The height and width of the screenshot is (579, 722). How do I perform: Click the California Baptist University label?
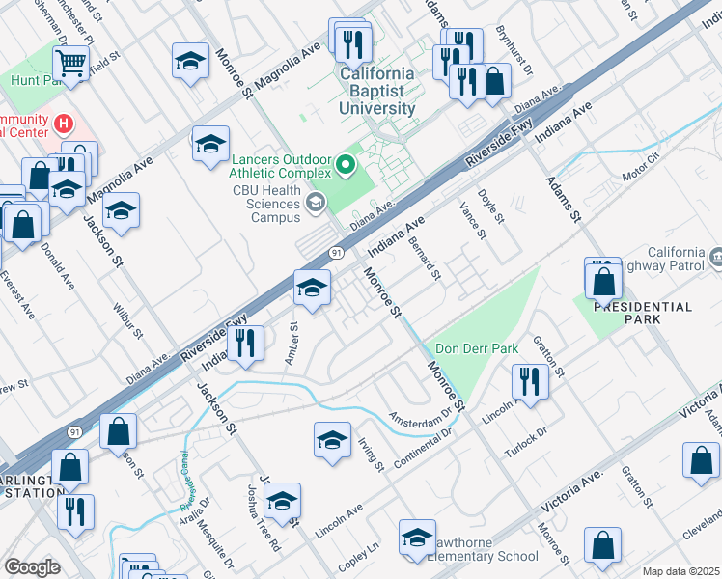(376, 91)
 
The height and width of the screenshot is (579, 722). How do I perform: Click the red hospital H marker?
(64, 124)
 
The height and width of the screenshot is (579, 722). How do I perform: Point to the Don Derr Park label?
(477, 348)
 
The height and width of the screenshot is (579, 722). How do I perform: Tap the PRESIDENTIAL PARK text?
(643, 312)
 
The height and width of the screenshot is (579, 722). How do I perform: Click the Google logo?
(32, 567)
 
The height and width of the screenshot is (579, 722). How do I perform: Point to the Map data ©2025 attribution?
(680, 571)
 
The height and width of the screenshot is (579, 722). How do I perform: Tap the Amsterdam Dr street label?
(420, 418)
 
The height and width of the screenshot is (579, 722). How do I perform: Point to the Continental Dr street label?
(422, 441)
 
